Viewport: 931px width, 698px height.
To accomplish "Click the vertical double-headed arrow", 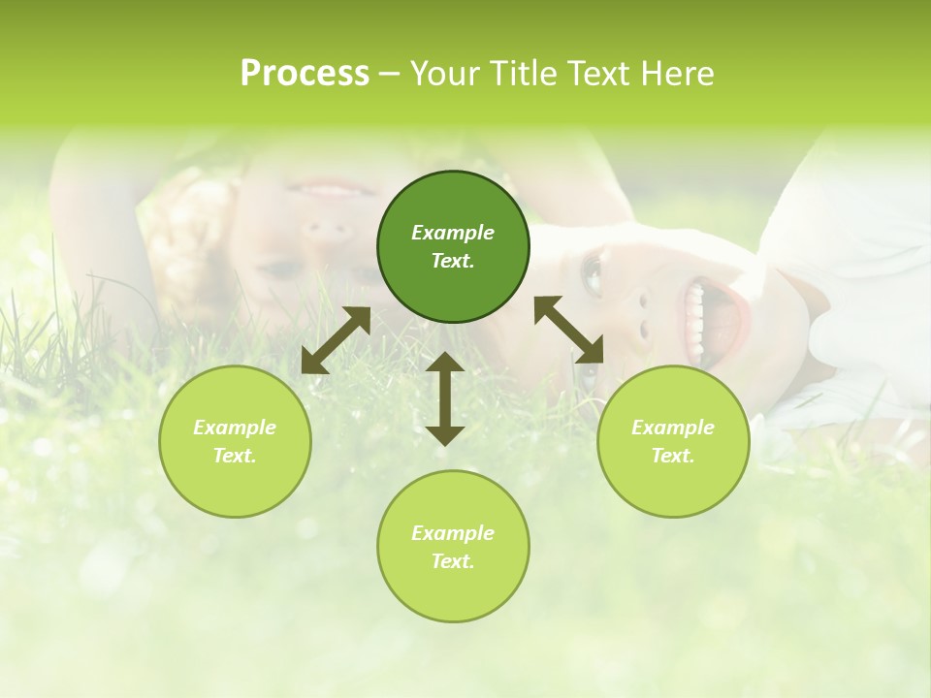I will [445, 398].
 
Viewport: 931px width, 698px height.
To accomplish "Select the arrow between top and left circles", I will [336, 339].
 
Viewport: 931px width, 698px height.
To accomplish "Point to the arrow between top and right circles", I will [568, 330].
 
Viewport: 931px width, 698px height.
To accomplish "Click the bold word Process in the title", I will [305, 74].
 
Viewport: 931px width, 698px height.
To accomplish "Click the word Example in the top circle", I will [453, 233].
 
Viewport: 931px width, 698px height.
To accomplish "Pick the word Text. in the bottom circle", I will [453, 561].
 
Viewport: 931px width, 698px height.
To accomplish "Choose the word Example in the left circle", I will [235, 428].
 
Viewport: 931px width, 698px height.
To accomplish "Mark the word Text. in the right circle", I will [673, 456].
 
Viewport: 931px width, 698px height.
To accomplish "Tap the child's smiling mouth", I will [320, 186].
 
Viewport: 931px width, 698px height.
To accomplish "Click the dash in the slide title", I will [389, 74].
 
